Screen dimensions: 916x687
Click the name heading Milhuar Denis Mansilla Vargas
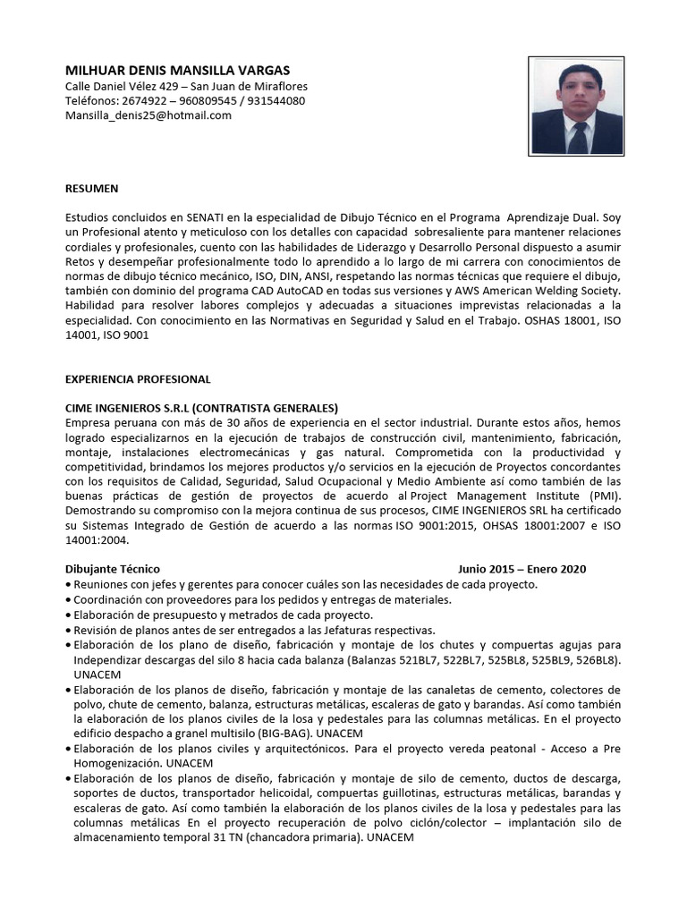coord(178,70)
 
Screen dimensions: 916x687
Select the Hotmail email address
coord(148,115)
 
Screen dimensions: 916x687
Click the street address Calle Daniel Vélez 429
coord(131,85)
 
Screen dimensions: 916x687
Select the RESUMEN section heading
coord(92,189)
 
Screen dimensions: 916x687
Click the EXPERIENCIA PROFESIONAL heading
coord(138,379)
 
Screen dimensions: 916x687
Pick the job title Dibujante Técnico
coord(113,569)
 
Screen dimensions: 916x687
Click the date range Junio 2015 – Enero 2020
coord(522,569)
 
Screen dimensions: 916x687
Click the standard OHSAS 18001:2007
coord(522,525)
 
